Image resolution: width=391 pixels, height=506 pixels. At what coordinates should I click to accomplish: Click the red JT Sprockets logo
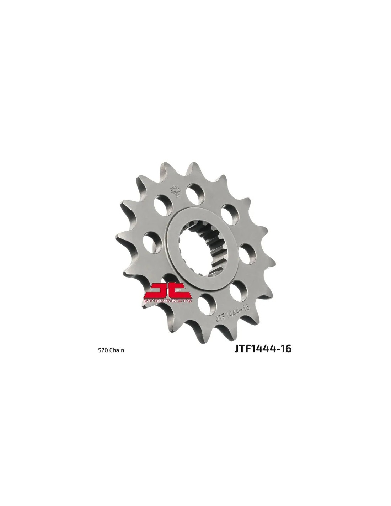[x=167, y=293]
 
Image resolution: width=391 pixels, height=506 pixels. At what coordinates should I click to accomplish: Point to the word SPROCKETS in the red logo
[x=167, y=301]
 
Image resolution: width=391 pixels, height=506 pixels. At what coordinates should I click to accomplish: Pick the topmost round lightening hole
[x=195, y=192]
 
